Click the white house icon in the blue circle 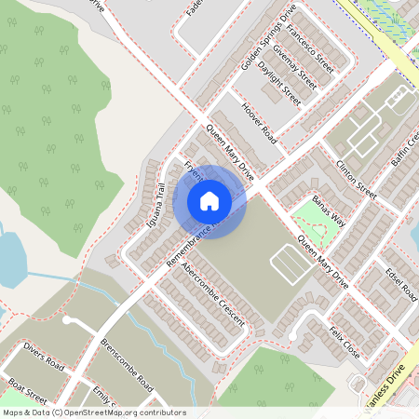click(x=209, y=201)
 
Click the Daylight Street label click(x=279, y=84)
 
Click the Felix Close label click(x=344, y=342)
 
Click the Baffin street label click(x=406, y=149)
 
